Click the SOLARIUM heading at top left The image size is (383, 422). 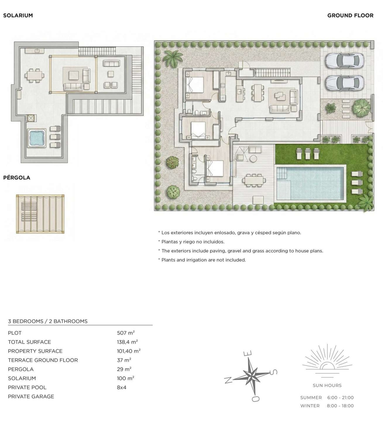18,15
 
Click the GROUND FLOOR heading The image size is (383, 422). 350,15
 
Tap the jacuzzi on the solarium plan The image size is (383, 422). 37,138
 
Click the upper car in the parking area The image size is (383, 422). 344,60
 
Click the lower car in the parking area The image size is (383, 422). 344,83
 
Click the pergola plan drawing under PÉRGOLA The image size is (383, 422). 40,214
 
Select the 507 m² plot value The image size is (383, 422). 125,333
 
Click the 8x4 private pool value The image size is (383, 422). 122,387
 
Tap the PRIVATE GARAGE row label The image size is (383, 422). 31,396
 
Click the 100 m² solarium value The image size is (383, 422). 125,378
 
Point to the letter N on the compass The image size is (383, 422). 228,380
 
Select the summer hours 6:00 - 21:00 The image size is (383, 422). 340,397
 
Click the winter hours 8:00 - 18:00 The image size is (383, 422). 340,406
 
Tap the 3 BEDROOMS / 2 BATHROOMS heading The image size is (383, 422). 48,321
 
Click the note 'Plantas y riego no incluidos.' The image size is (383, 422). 193,242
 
